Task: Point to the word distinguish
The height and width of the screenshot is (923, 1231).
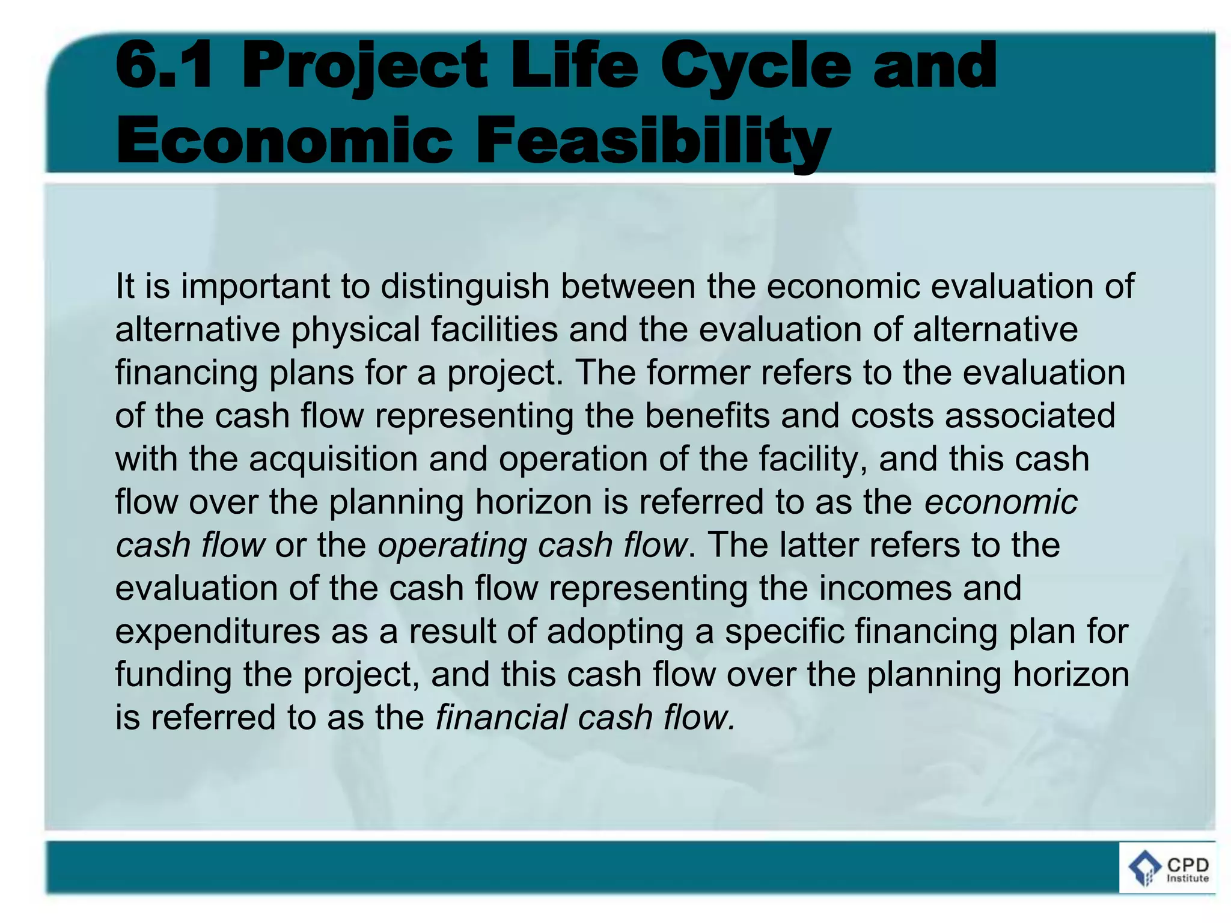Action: click(465, 287)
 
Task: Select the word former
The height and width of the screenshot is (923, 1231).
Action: click(698, 373)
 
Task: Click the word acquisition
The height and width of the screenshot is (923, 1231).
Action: click(333, 459)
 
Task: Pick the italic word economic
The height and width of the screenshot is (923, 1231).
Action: click(1000, 502)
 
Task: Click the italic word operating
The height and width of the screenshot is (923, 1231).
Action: click(452, 546)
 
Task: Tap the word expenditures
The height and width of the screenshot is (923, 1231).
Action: click(217, 632)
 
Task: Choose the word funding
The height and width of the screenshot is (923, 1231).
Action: click(173, 675)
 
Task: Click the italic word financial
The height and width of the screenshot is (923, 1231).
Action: click(501, 718)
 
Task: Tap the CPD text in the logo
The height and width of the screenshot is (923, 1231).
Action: click(1187, 865)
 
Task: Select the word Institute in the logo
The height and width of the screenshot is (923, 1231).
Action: click(1187, 879)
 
